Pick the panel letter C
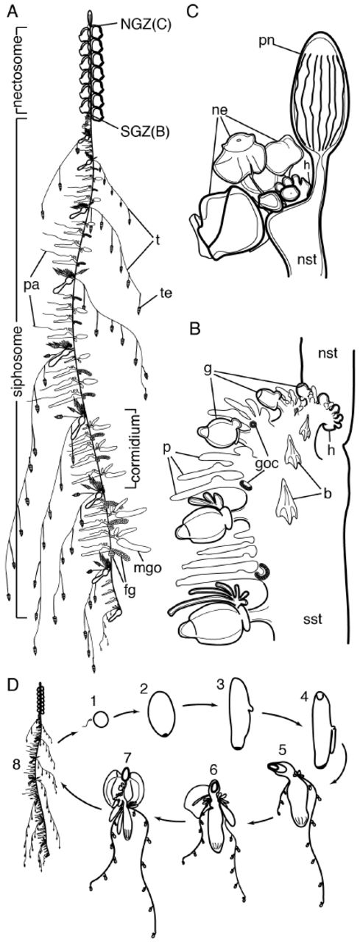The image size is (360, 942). (192, 11)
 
